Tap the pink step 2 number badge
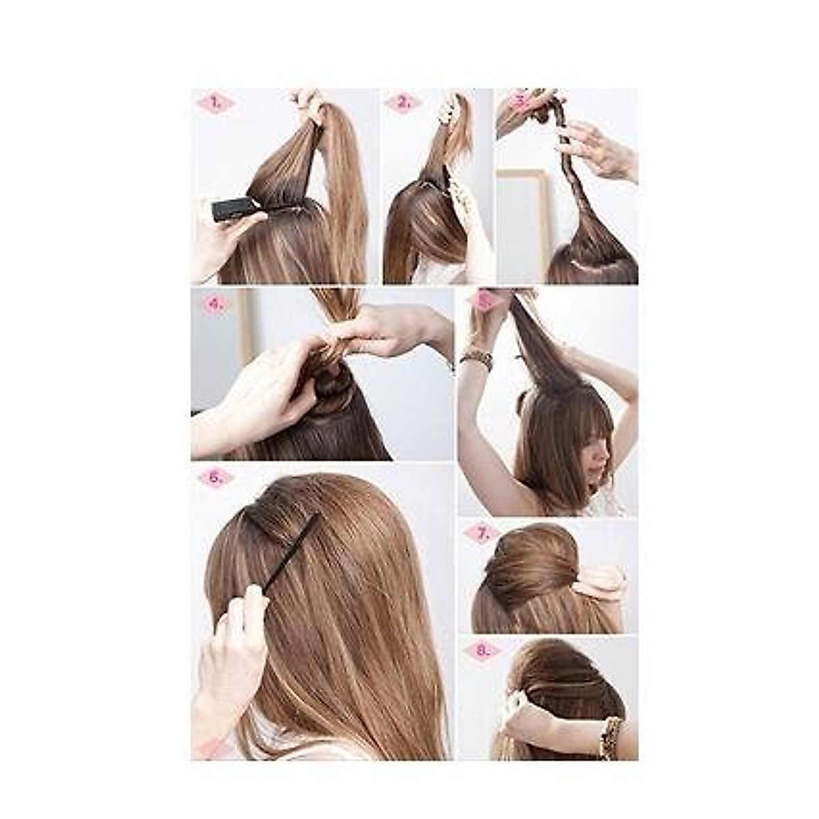click(403, 103)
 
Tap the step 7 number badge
click(483, 533)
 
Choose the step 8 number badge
click(483, 650)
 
